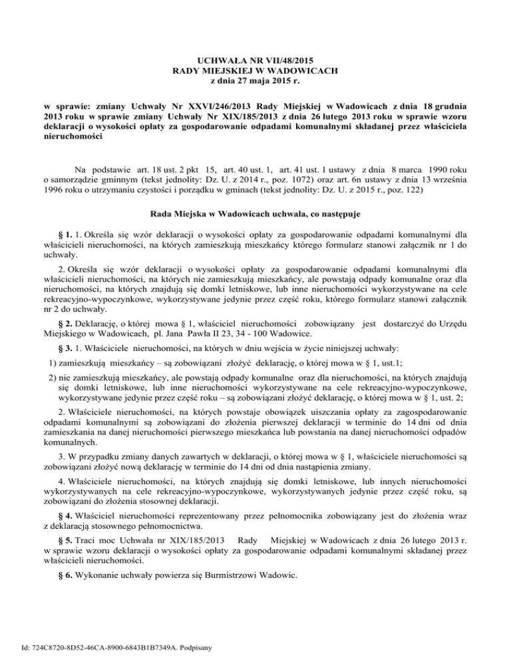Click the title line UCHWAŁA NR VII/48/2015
tap(255, 60)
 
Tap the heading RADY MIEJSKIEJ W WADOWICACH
tap(255, 71)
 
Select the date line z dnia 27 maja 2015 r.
tap(255, 81)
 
